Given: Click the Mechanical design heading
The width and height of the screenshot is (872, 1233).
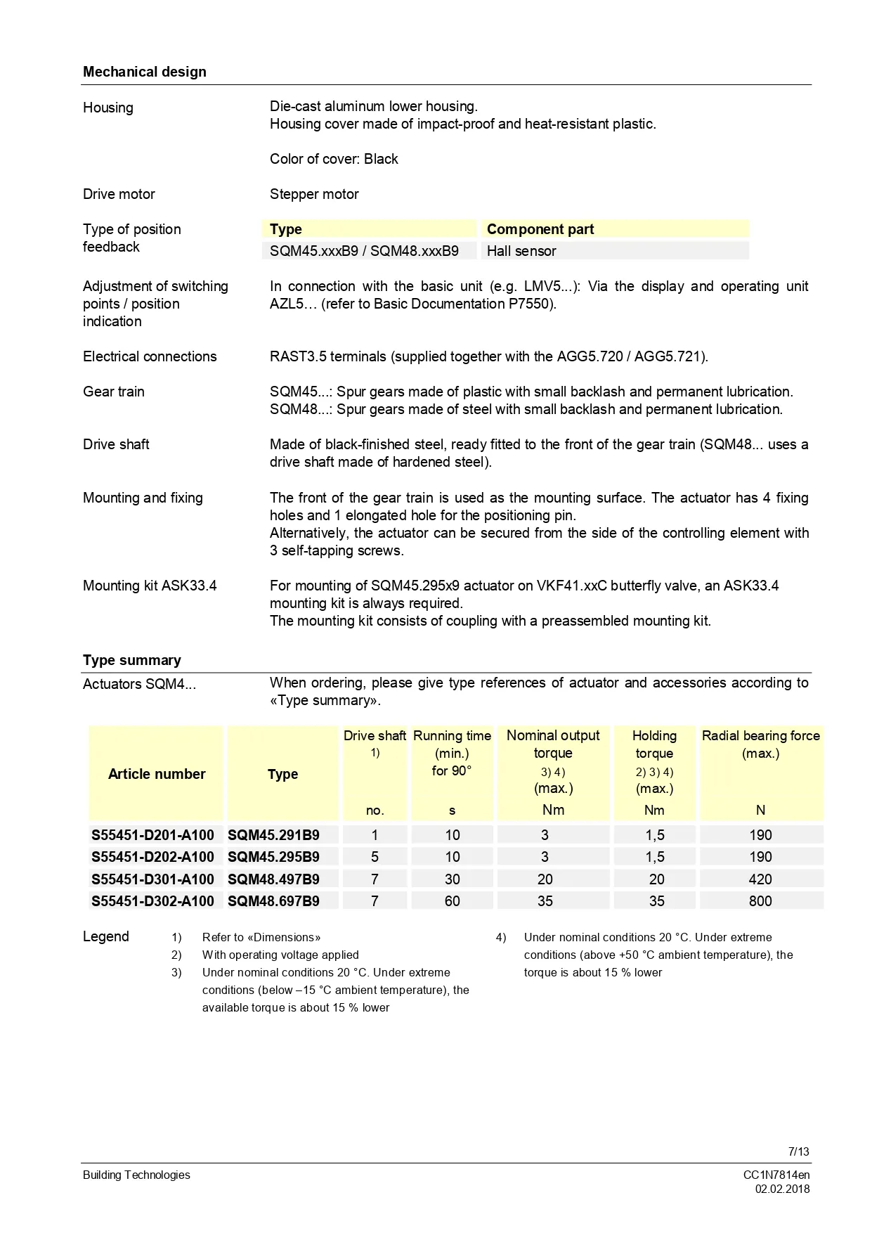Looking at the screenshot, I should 144,72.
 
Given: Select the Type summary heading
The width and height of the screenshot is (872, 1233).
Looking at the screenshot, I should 131,660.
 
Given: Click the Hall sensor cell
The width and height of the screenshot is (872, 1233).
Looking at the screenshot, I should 521,251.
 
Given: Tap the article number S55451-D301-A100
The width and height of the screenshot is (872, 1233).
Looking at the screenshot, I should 152,879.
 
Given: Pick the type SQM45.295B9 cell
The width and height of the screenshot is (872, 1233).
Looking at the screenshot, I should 273,857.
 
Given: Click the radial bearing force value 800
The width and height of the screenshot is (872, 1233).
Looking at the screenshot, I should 760,901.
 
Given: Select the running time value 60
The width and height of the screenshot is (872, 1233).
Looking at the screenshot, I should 452,901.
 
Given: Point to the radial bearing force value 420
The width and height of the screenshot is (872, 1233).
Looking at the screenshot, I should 760,879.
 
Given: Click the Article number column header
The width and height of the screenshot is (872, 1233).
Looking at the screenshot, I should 157,774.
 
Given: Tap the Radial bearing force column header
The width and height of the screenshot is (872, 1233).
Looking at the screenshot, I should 760,744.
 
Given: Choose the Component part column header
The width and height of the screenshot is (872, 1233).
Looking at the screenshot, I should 540,229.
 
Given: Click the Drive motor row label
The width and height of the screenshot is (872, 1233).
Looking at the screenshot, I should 119,194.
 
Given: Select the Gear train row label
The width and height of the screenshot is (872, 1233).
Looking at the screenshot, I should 113,392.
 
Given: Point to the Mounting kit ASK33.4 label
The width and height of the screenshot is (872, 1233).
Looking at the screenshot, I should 150,586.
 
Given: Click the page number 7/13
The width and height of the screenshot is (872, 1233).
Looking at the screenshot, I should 798,1151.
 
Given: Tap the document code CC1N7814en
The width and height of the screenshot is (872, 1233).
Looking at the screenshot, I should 776,1175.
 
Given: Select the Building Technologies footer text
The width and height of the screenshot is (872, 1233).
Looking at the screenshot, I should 136,1175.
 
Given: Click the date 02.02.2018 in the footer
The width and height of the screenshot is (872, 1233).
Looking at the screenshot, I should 782,1189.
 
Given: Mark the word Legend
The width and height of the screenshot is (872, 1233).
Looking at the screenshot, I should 106,936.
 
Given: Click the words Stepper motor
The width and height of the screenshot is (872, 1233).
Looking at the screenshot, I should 314,194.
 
